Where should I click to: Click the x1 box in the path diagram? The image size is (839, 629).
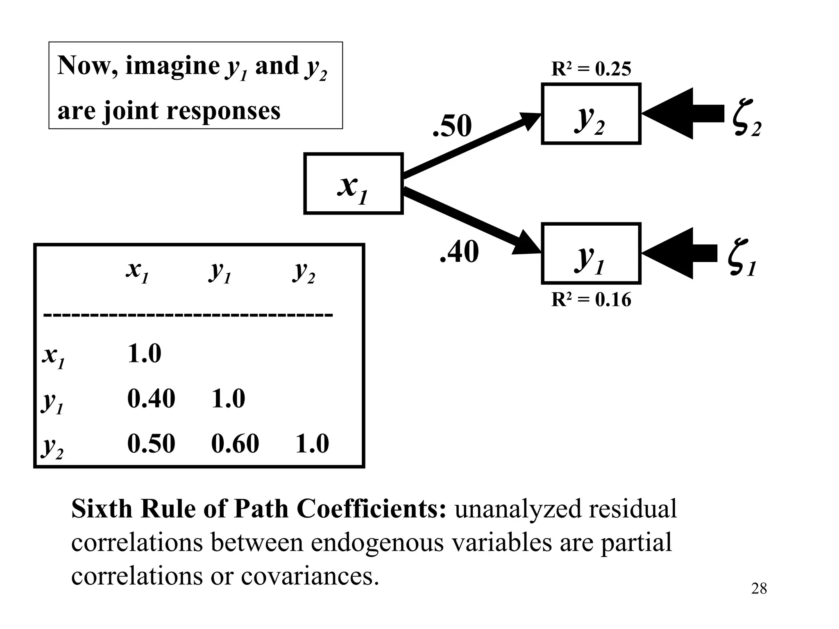[353, 184]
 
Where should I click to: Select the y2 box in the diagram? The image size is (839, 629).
[591, 114]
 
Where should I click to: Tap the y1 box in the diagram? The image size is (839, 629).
[591, 253]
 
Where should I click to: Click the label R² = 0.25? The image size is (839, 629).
[591, 69]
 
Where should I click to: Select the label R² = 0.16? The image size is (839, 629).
[591, 300]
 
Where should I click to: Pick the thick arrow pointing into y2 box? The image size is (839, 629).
[682, 113]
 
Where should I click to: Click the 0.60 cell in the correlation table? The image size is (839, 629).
[235, 443]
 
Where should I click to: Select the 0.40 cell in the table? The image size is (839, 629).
[151, 398]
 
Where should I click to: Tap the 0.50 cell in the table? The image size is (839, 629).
[151, 443]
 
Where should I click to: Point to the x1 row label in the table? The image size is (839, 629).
[54, 355]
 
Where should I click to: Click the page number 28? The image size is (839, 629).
[759, 589]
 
